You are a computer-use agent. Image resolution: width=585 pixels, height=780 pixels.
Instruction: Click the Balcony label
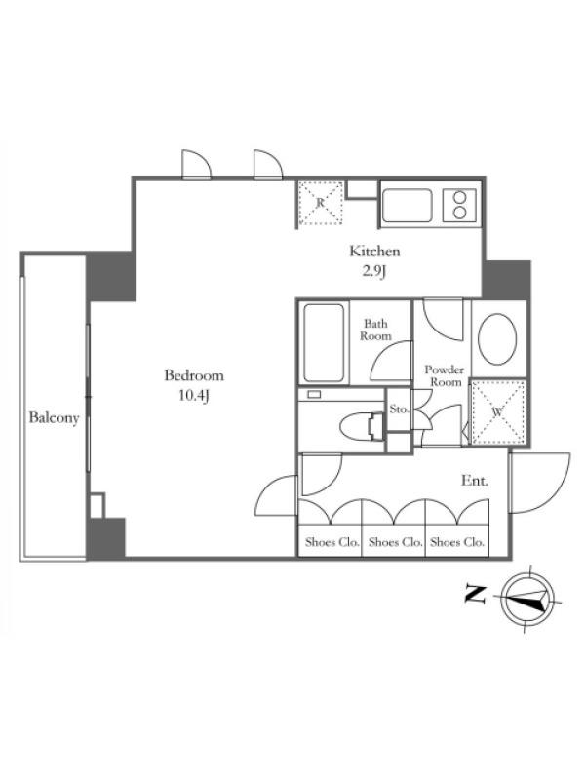click(54, 417)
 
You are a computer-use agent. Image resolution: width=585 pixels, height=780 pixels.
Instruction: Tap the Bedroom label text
click(194, 375)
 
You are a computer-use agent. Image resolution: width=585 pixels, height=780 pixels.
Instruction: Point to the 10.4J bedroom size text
click(194, 397)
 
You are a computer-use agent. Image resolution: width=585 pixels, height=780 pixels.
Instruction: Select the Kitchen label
click(374, 251)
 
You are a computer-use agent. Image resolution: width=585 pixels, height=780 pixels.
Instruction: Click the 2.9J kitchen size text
click(374, 272)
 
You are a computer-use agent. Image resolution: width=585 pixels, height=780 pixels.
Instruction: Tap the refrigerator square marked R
click(321, 203)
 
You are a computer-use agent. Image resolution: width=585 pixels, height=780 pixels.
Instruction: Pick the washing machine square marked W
click(498, 411)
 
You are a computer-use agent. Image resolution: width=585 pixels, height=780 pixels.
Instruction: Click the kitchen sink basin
click(407, 206)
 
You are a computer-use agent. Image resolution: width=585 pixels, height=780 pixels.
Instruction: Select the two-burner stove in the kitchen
click(459, 206)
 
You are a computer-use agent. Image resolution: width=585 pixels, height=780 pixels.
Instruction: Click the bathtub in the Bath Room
click(324, 343)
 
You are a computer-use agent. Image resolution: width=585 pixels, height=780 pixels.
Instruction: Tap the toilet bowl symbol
click(360, 426)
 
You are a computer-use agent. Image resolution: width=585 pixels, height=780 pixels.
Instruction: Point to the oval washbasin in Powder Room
click(497, 338)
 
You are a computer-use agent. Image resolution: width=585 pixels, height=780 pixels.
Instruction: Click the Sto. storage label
click(400, 409)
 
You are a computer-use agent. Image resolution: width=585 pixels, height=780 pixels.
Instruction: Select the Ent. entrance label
click(475, 481)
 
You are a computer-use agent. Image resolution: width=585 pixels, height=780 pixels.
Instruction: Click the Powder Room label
click(445, 376)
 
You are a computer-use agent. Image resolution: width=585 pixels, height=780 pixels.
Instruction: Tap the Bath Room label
click(375, 330)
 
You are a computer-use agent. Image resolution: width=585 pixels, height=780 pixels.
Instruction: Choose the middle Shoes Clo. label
click(396, 542)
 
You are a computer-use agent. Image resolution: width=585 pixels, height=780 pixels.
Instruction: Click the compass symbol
click(527, 599)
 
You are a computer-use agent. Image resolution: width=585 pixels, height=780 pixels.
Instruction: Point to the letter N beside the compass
click(475, 595)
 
